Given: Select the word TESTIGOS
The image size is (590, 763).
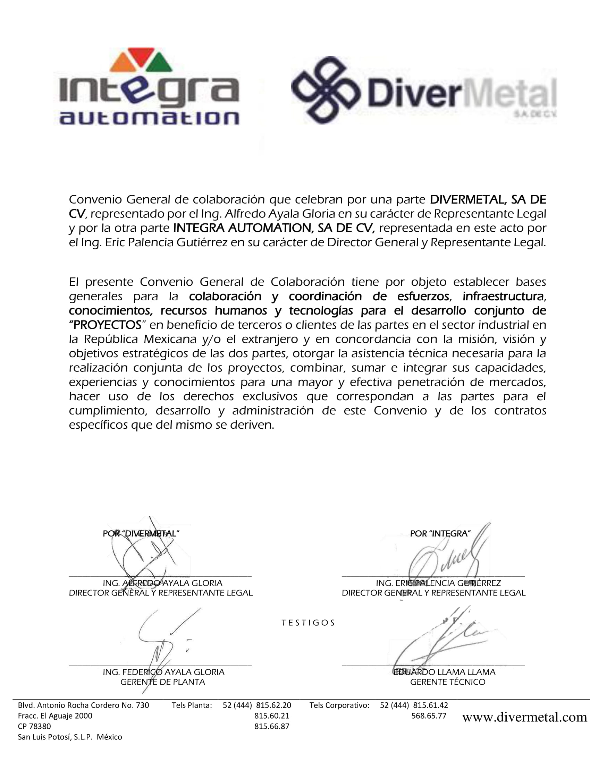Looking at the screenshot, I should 308,623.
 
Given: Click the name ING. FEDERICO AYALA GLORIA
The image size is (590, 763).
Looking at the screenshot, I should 163,672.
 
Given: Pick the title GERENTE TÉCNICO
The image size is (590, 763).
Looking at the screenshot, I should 447,681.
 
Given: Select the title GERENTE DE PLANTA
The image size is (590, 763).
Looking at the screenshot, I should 162,681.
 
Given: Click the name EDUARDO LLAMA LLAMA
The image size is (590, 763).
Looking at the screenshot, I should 444,672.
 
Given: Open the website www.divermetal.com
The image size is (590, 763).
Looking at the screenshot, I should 524,717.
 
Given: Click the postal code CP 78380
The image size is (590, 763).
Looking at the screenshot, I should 34,726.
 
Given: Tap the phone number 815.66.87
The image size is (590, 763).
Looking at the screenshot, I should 272,726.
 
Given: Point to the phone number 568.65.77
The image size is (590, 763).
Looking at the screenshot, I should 429,715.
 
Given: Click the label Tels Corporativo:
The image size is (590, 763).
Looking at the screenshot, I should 339,705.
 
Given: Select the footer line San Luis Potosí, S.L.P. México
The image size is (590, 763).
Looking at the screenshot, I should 70,737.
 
